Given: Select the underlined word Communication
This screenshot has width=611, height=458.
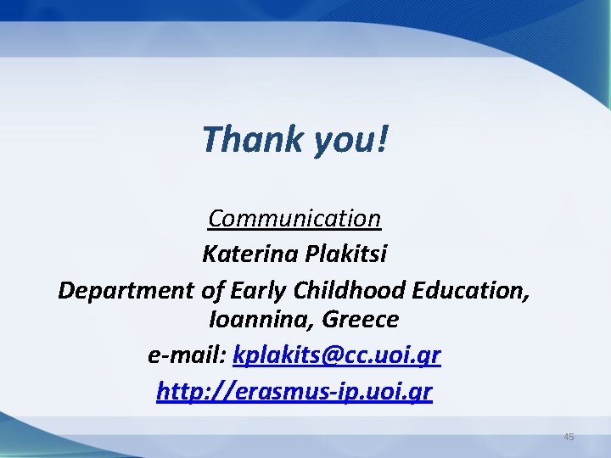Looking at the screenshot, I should pos(294,219).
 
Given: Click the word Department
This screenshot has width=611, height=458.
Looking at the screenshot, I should pos(126,290).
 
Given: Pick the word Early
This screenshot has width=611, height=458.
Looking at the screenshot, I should pos(258,290).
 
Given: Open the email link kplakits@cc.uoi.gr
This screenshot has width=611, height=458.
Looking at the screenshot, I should pos(336,355).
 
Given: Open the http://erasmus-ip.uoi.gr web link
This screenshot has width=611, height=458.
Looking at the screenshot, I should pos(294,392).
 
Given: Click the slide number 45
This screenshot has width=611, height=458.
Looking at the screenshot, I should pos(569,437).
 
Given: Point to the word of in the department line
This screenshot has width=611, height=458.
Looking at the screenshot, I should pos(212,290).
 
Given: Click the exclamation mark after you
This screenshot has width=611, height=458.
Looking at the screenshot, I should pos(383,139).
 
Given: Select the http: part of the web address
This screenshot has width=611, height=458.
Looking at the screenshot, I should pos(182,392).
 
